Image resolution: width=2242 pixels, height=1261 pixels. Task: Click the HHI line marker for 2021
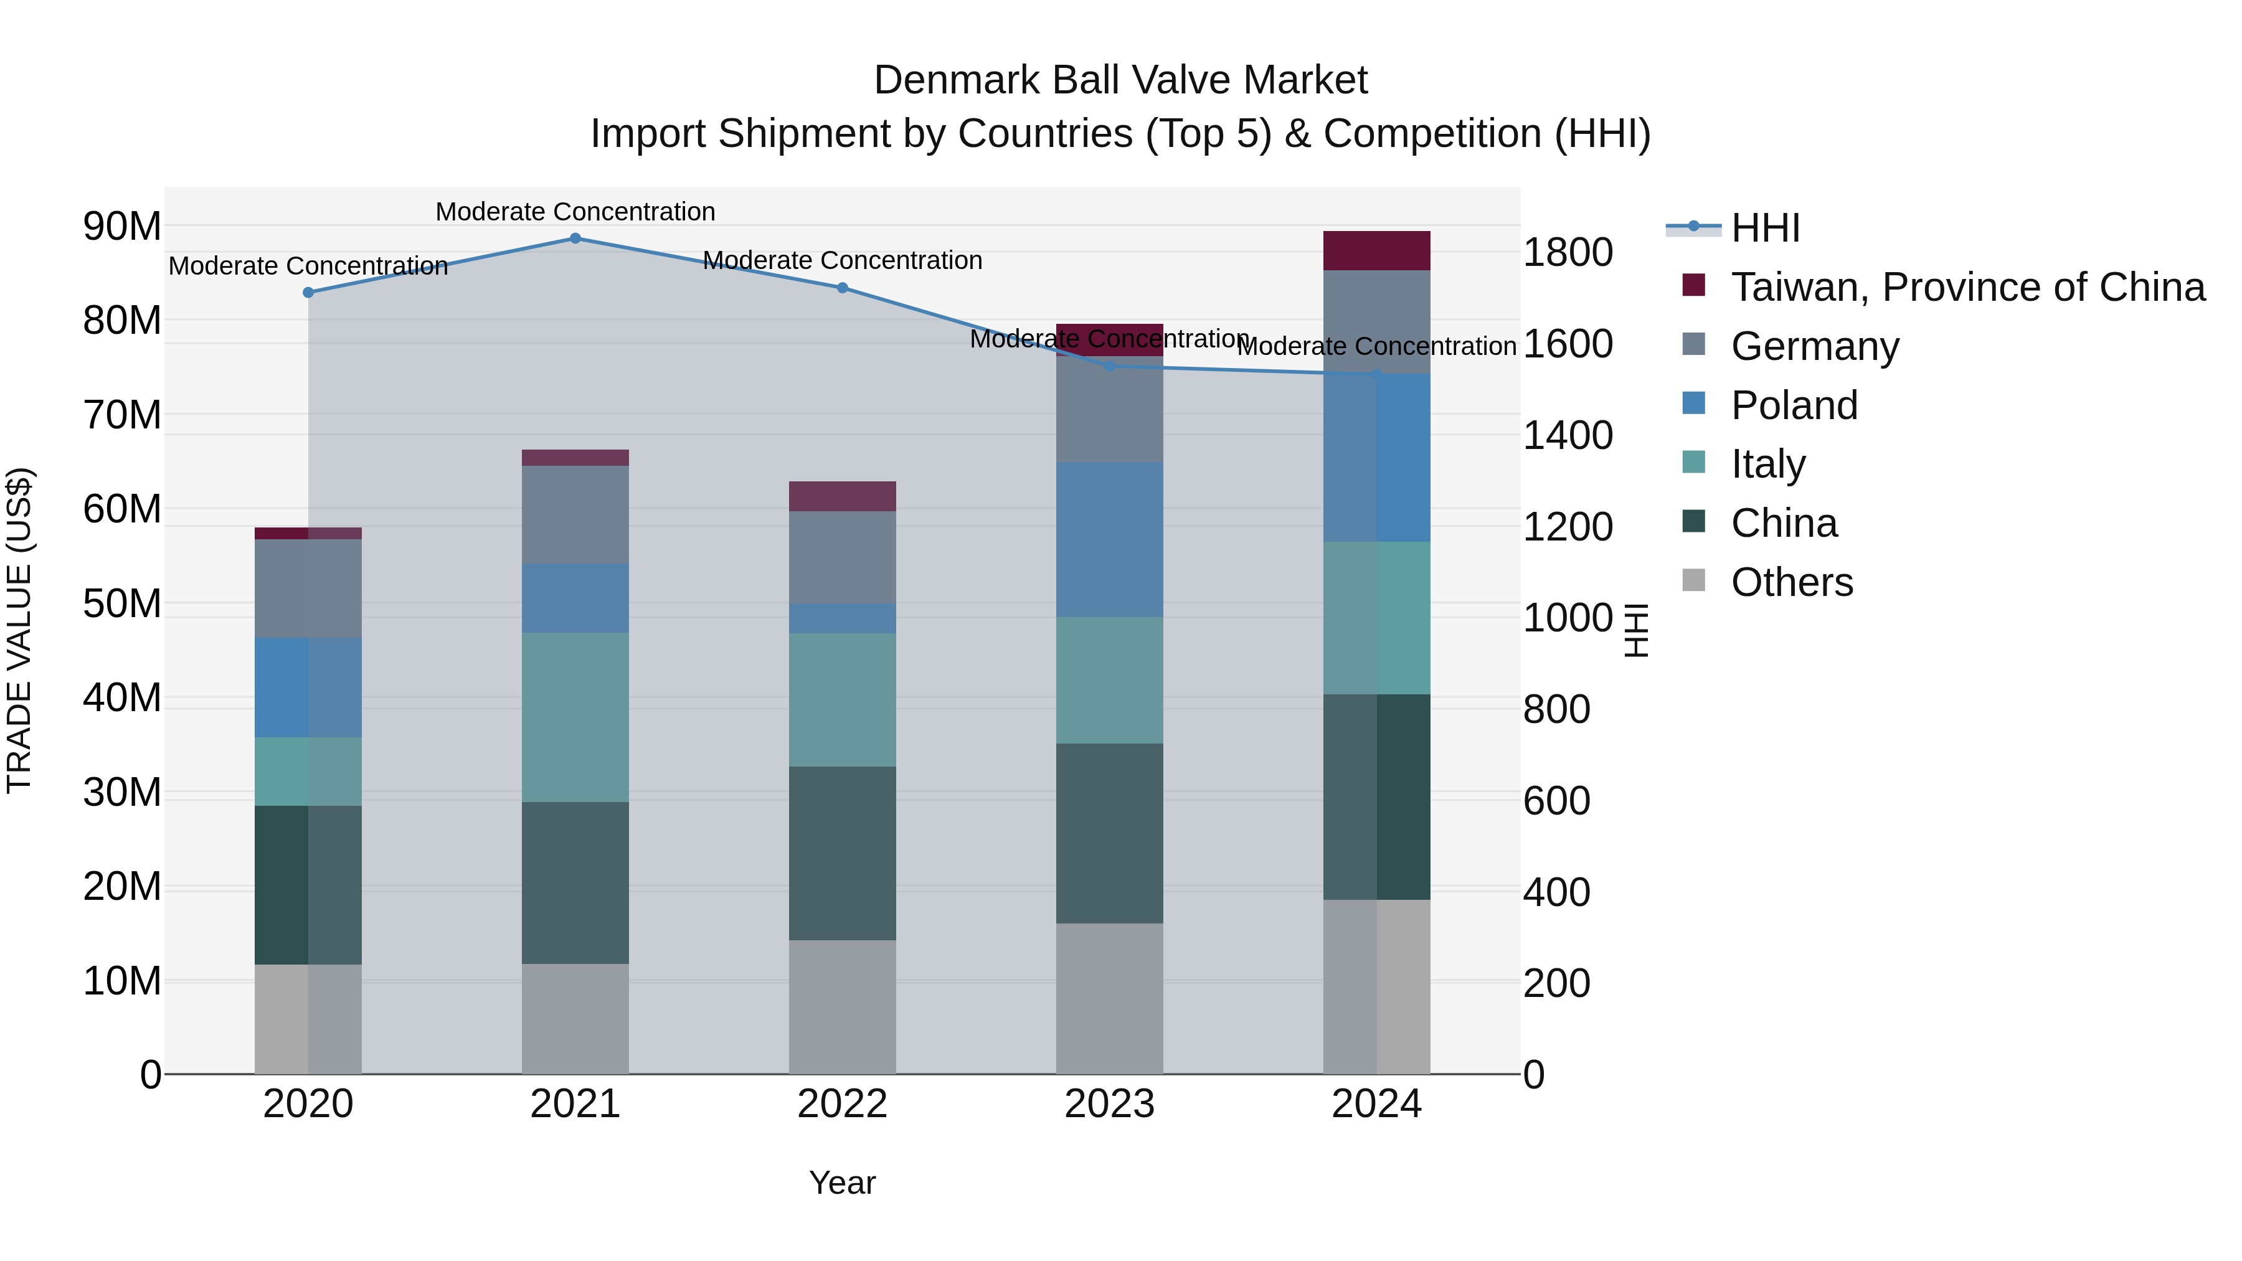click(575, 239)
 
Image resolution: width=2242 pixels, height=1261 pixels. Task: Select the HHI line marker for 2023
click(1110, 366)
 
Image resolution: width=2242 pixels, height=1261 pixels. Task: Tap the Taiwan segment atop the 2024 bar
click(1377, 250)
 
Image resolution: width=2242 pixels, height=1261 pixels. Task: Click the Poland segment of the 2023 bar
click(1110, 539)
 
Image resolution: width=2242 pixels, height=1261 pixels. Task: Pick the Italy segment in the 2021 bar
click(575, 717)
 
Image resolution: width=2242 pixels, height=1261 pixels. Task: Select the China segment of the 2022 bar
click(843, 853)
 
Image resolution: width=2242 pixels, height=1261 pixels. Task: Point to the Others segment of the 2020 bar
click(308, 1018)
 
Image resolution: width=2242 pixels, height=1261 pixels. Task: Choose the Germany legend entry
click(1815, 346)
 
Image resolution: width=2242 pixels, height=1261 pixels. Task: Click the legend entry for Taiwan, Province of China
click(1967, 287)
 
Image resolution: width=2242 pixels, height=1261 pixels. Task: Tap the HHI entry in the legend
click(1765, 228)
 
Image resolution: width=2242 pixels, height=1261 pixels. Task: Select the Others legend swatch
click(1694, 580)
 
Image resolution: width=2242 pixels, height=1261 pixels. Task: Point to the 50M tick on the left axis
click(122, 603)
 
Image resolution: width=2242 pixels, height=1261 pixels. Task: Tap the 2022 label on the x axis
click(843, 1104)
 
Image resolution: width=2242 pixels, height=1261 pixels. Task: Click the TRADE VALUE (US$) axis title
click(19, 630)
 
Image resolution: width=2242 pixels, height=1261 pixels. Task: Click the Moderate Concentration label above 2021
click(575, 212)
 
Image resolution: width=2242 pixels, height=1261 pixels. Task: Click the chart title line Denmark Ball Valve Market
click(1120, 80)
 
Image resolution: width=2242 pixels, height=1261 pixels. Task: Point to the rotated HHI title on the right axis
click(1636, 630)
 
